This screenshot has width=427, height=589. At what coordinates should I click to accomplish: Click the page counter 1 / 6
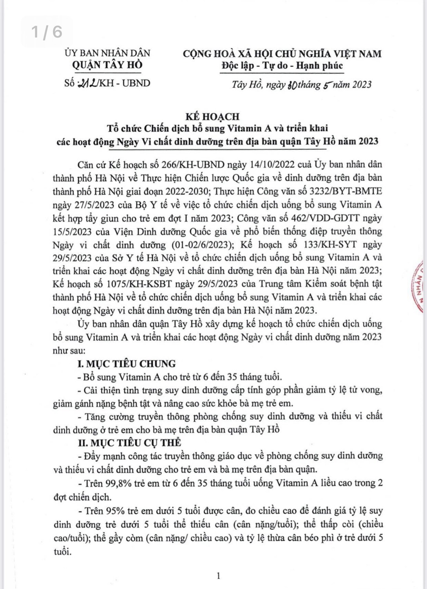click(47, 32)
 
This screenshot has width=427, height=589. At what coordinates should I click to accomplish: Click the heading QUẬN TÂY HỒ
click(108, 65)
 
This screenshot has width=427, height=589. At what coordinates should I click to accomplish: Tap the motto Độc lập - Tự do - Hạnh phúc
click(282, 65)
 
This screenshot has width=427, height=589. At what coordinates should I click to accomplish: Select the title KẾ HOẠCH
click(213, 116)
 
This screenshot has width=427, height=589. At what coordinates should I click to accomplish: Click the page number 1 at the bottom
click(218, 576)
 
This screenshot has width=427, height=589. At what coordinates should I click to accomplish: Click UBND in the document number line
click(136, 83)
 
